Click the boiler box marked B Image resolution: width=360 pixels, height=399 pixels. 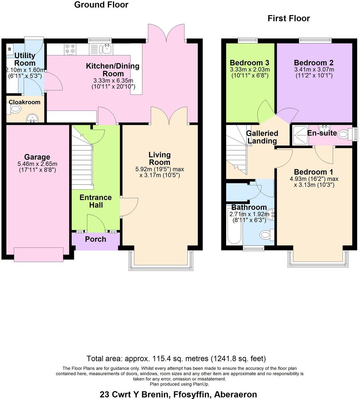(x=10, y=49)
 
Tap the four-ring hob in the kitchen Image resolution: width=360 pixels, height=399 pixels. (x=70, y=49)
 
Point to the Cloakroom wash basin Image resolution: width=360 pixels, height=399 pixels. (x=32, y=118)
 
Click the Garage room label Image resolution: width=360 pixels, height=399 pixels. (x=37, y=157)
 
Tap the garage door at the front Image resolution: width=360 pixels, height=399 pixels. (x=38, y=255)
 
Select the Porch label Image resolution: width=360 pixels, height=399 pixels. (x=95, y=239)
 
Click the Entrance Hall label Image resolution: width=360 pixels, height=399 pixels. (x=95, y=201)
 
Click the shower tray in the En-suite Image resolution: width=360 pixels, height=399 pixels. (x=300, y=135)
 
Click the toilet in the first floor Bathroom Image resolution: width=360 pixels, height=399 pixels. (x=266, y=235)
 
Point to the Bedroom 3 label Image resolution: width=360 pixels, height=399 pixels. (x=249, y=63)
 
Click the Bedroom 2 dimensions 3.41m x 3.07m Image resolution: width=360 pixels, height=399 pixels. (x=314, y=70)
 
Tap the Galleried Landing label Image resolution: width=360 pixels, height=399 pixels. (x=262, y=137)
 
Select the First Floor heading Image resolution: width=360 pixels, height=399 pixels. (x=288, y=18)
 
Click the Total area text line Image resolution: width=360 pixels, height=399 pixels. (x=176, y=358)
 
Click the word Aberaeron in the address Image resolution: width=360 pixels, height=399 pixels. (x=235, y=394)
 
